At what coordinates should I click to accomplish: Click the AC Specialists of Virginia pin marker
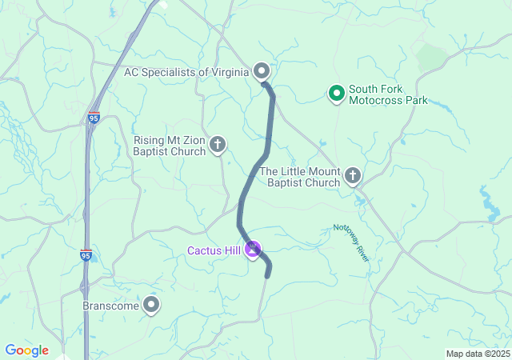tap(262, 71)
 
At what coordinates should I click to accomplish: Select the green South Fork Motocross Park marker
tap(337, 94)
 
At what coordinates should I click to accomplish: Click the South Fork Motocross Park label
tap(388, 94)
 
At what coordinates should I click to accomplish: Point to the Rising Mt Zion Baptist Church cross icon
tap(218, 145)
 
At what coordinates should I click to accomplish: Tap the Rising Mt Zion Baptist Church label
tap(169, 146)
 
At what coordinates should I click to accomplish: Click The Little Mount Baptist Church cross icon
tap(352, 176)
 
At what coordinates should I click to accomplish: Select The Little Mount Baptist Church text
tap(300, 177)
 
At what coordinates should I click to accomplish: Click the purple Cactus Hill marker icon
tap(253, 250)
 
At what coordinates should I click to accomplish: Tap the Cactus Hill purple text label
tap(214, 250)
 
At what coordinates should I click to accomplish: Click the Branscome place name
tap(110, 306)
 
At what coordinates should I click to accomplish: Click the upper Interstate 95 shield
tap(94, 118)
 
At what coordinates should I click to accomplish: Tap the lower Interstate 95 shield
tap(86, 254)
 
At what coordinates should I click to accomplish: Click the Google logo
tap(26, 350)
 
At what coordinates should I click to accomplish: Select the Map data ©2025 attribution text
tap(478, 354)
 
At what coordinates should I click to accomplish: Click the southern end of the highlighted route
tap(267, 277)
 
